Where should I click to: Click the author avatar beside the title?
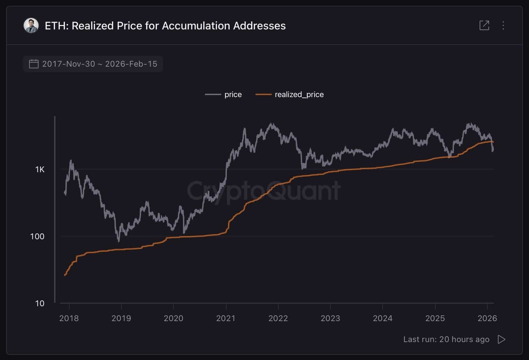click(x=31, y=26)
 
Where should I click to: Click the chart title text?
click(x=165, y=26)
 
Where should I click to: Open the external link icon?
click(x=484, y=25)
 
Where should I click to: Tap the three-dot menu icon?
click(x=503, y=25)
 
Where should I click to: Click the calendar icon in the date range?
click(x=34, y=64)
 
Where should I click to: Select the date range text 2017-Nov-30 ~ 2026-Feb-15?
click(x=100, y=64)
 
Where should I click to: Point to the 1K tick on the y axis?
click(x=40, y=170)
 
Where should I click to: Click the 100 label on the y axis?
click(x=37, y=237)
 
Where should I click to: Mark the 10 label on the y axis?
click(x=40, y=303)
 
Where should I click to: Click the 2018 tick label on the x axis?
click(x=69, y=318)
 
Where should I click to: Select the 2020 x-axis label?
click(x=174, y=318)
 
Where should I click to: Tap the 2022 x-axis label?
click(x=278, y=318)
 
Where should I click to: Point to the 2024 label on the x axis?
click(x=383, y=318)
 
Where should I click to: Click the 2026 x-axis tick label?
click(x=487, y=318)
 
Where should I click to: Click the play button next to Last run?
click(x=501, y=339)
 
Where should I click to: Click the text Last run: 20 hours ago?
click(x=446, y=339)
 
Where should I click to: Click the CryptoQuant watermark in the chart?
click(x=264, y=190)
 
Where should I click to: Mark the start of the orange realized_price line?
click(x=65, y=275)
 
